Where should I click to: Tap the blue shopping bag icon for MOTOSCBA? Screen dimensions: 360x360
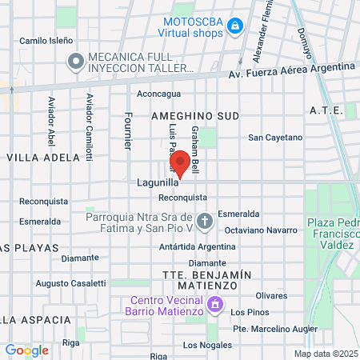pos(234,27)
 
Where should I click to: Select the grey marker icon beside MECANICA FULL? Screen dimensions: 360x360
pos(76,61)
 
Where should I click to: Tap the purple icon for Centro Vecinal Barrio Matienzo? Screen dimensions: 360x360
pos(214,305)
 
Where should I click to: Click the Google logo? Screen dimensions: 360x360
pos(26,350)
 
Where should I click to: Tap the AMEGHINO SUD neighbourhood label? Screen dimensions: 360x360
pos(195,116)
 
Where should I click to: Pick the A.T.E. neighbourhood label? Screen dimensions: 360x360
pos(326,110)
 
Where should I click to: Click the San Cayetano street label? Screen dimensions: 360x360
pos(275,138)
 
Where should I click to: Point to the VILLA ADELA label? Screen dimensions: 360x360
pos(43,158)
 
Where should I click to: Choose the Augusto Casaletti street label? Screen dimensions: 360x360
pos(71,283)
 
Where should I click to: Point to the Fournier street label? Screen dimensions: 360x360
pos(127,130)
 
